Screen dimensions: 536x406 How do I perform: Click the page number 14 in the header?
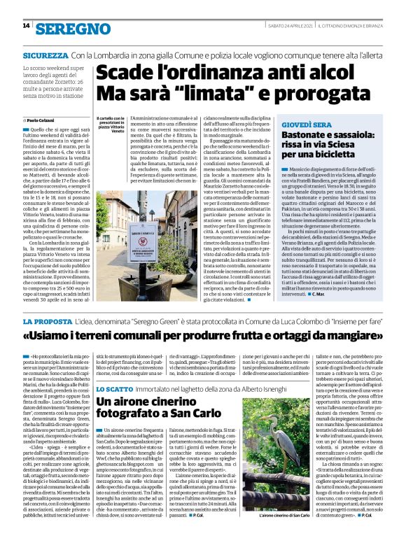26,27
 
